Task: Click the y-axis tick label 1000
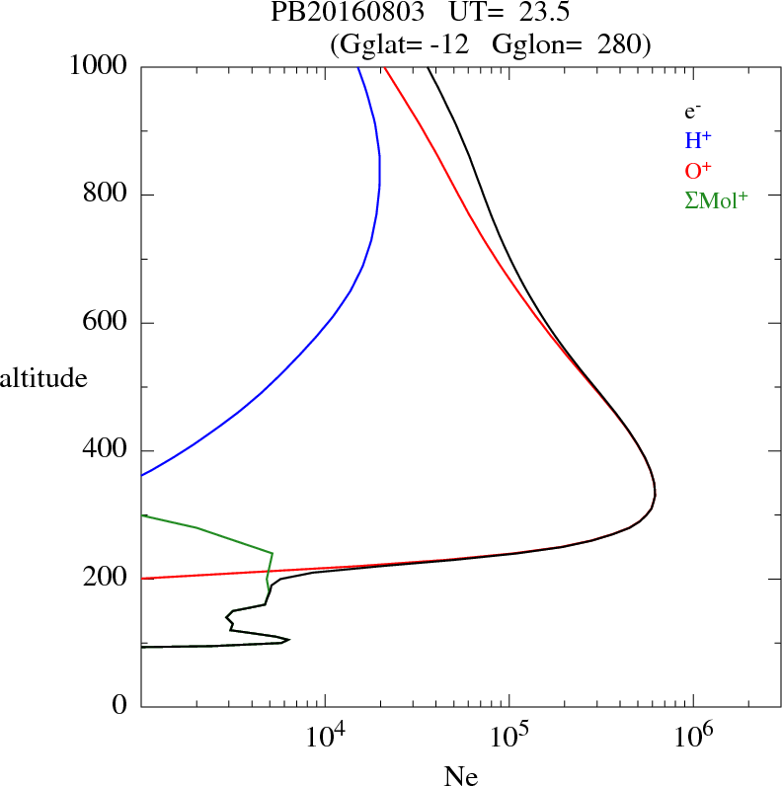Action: tap(98, 66)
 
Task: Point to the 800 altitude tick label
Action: tap(104, 195)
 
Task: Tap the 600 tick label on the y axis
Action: tap(104, 323)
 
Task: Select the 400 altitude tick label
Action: tap(104, 451)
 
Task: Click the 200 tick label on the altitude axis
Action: tap(104, 579)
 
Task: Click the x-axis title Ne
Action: tap(459, 776)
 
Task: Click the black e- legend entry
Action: tap(692, 113)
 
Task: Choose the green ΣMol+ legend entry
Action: tap(716, 200)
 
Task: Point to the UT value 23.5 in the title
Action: tap(542, 14)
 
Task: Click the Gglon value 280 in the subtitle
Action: tap(623, 43)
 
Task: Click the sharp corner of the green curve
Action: tap(273, 553)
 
